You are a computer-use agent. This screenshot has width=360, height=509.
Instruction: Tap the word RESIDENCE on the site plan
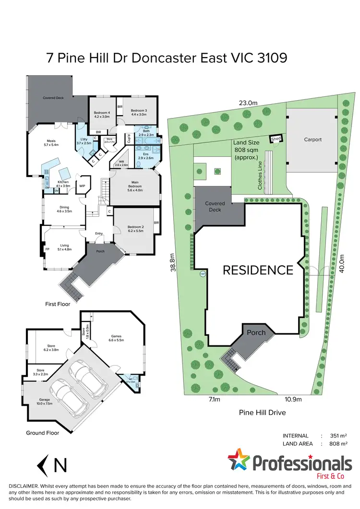point(257,270)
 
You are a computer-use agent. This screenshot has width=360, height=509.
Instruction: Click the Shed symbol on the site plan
point(276,139)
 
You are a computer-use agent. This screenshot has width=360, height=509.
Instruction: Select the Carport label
point(312,140)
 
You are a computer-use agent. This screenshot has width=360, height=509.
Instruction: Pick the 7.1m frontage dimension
point(214,399)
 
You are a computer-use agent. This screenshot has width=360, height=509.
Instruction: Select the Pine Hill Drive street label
point(259,412)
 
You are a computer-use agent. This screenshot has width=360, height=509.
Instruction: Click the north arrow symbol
point(44,465)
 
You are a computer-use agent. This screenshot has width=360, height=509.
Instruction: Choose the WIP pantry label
point(82,186)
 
